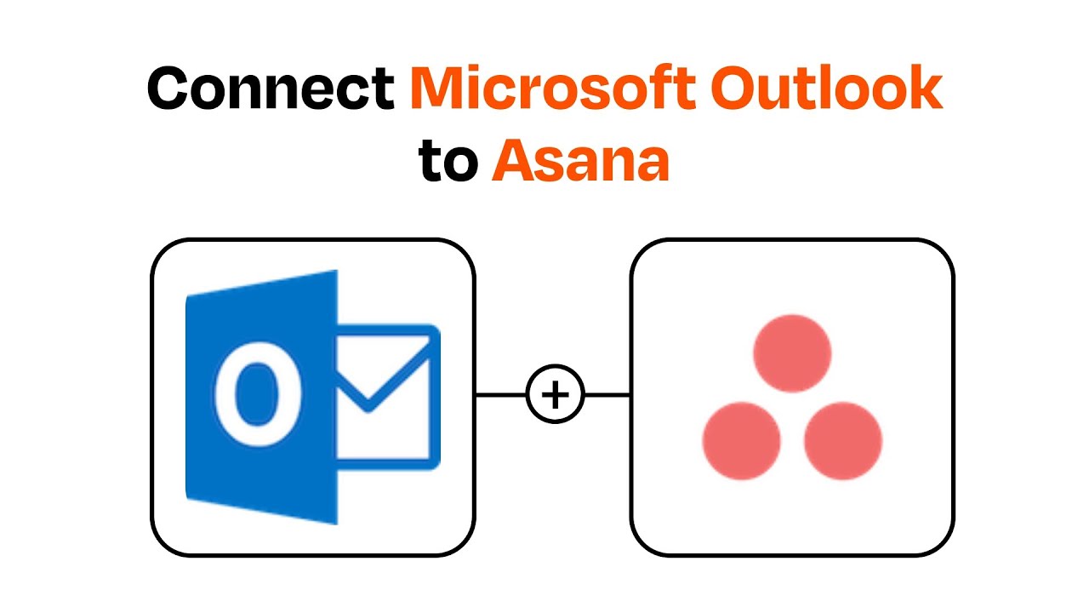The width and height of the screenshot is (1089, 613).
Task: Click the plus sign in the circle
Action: click(555, 395)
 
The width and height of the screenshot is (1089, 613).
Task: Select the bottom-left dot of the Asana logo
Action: click(741, 441)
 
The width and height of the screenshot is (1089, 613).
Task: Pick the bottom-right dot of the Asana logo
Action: click(843, 441)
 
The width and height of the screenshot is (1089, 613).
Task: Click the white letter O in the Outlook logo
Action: click(248, 396)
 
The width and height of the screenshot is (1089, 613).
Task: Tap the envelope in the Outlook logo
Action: click(388, 396)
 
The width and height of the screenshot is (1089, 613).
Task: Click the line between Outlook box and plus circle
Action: click(500, 395)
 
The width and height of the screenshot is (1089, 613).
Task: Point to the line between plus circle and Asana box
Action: click(607, 395)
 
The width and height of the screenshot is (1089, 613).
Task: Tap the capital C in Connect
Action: click(171, 89)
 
